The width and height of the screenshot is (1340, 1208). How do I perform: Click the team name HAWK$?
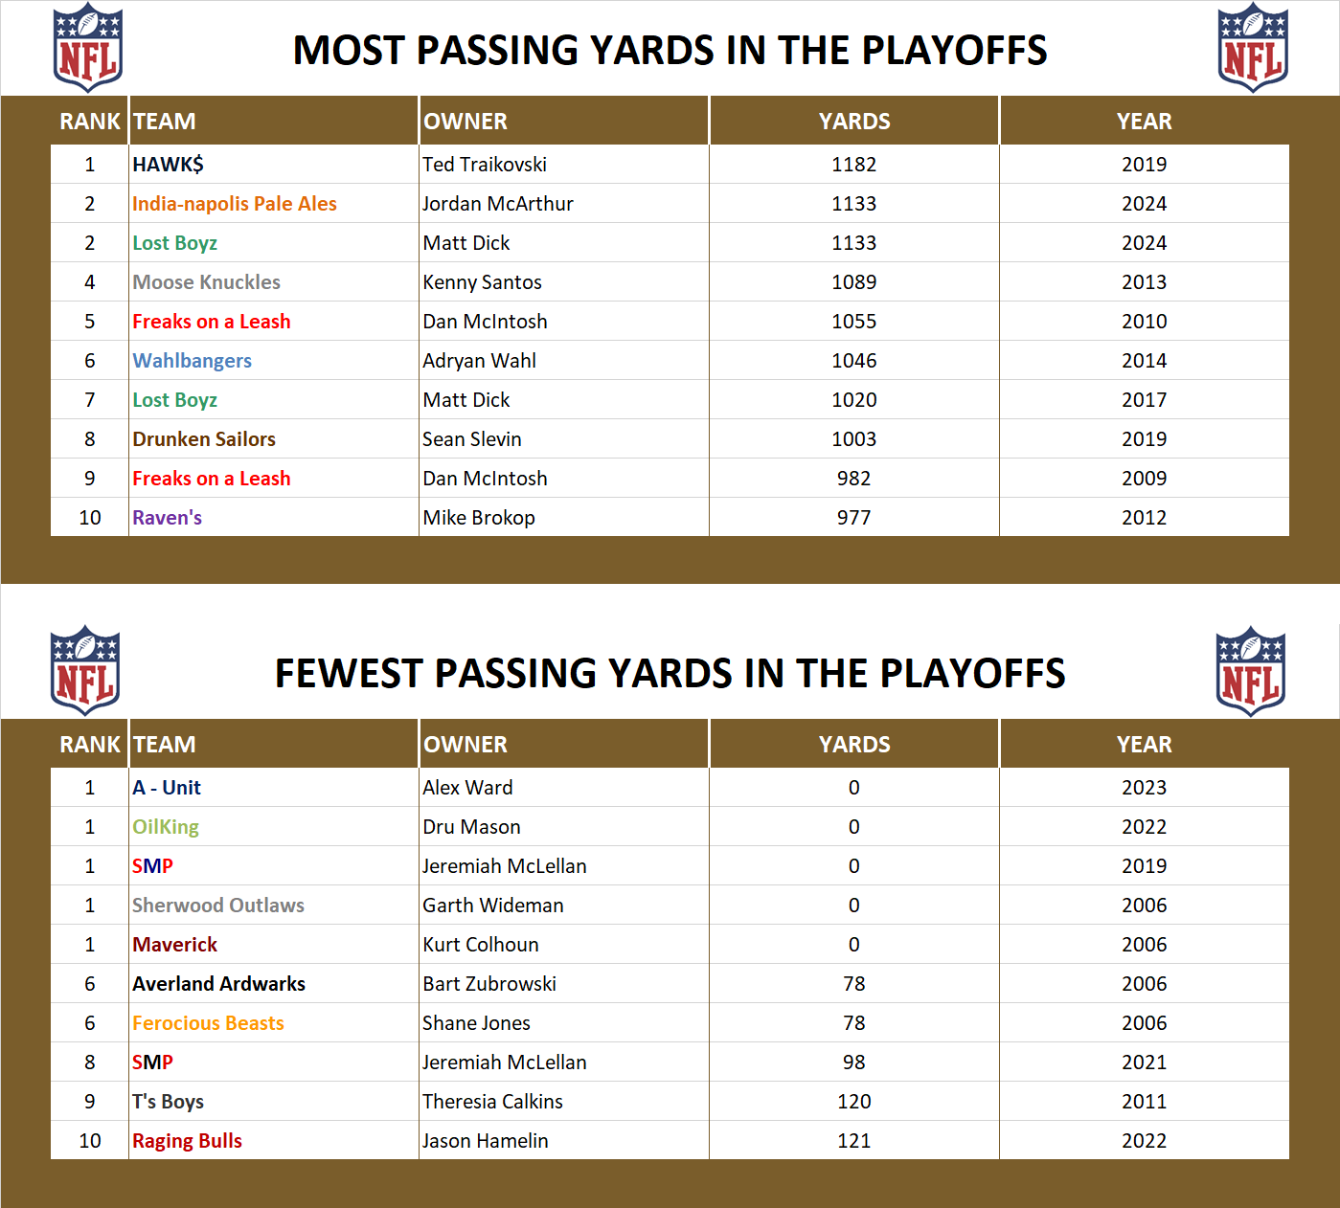tap(168, 165)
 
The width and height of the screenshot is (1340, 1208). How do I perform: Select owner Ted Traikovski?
tap(485, 165)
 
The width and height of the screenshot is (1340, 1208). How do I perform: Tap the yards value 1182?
tap(853, 165)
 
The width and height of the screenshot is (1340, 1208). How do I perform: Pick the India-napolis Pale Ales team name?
tap(235, 204)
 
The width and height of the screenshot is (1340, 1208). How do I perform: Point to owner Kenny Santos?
tap(482, 282)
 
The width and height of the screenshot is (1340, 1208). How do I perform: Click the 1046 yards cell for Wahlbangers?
tap(853, 361)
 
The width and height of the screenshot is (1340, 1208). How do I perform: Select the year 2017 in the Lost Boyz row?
tap(1144, 400)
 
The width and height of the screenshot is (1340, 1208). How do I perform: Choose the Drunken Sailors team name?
tap(204, 439)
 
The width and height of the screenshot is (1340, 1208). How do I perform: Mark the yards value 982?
tap(853, 479)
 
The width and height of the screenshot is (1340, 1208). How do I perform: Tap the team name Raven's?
tap(167, 518)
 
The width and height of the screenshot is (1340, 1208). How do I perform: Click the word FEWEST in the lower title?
tap(349, 674)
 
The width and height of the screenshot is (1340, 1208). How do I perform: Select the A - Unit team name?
tap(167, 788)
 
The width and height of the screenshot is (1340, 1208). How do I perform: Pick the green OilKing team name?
tap(166, 827)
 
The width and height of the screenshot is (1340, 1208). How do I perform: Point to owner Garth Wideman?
tap(493, 906)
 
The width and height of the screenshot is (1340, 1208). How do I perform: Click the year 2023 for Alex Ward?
tap(1144, 788)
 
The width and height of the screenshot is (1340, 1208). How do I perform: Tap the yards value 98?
tap(853, 1063)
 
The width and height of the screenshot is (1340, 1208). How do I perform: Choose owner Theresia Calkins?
tap(492, 1102)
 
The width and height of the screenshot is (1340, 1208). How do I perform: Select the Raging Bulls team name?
tap(187, 1141)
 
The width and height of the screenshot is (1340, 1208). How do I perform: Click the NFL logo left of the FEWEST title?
tap(85, 670)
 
